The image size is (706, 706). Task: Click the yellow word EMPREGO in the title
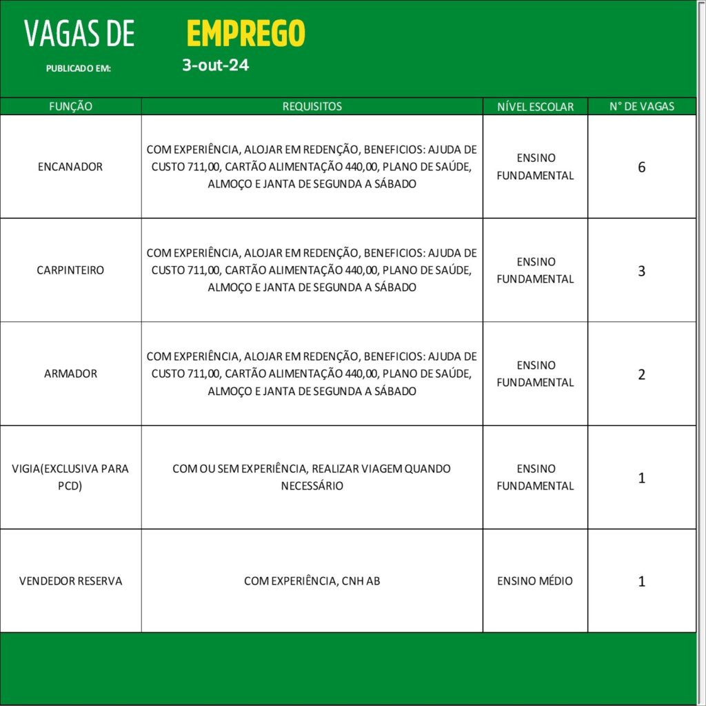pyautogui.click(x=245, y=33)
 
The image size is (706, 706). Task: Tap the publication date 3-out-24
pyautogui.click(x=215, y=66)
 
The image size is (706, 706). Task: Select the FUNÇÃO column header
pyautogui.click(x=71, y=107)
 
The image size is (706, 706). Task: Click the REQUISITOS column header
pyautogui.click(x=312, y=107)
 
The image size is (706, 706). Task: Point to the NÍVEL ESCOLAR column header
pyautogui.click(x=535, y=107)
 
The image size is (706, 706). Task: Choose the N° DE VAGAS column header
pyautogui.click(x=641, y=107)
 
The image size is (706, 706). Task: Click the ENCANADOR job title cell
pyautogui.click(x=70, y=167)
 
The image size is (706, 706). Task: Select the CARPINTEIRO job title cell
pyautogui.click(x=70, y=270)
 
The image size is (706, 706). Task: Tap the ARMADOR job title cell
pyautogui.click(x=70, y=374)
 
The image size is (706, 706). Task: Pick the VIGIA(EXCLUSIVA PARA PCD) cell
pyautogui.click(x=70, y=477)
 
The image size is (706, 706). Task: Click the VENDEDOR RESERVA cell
pyautogui.click(x=70, y=581)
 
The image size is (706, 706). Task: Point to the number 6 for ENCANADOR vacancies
pyautogui.click(x=641, y=167)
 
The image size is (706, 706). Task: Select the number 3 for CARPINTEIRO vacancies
pyautogui.click(x=641, y=270)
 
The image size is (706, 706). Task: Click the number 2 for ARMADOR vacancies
pyautogui.click(x=641, y=374)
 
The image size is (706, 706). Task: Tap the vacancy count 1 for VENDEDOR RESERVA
pyautogui.click(x=641, y=581)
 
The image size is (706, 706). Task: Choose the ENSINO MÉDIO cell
pyautogui.click(x=535, y=581)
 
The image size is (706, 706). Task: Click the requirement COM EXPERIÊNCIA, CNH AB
pyautogui.click(x=312, y=581)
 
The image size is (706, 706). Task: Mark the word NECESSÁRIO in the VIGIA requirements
pyautogui.click(x=312, y=486)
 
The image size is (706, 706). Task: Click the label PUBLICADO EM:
pyautogui.click(x=78, y=69)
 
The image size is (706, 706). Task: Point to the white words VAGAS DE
pyautogui.click(x=79, y=34)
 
